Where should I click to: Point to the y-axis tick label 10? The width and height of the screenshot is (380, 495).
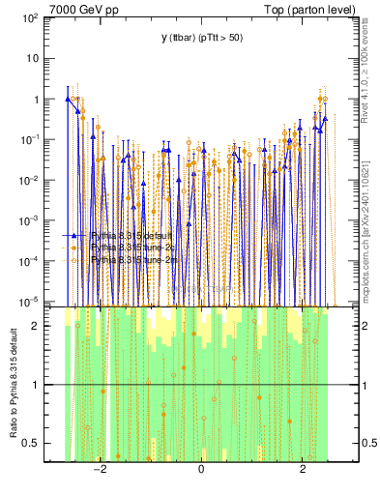point(44,58)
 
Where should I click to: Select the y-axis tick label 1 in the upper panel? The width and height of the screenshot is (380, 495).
point(47,100)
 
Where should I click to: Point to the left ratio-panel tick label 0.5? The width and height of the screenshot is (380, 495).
point(43,443)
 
